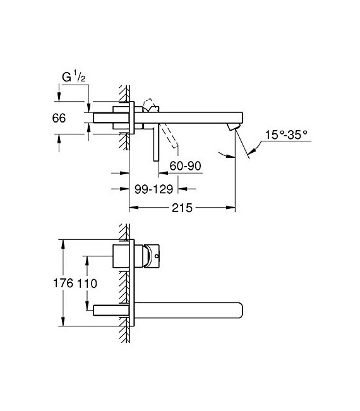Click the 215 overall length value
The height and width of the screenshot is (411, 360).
point(180,207)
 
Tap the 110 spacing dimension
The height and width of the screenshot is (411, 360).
point(88,284)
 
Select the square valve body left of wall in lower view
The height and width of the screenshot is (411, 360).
point(123,258)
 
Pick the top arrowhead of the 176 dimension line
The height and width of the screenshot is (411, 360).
point(63,243)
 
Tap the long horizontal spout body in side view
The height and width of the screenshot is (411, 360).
point(189,117)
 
